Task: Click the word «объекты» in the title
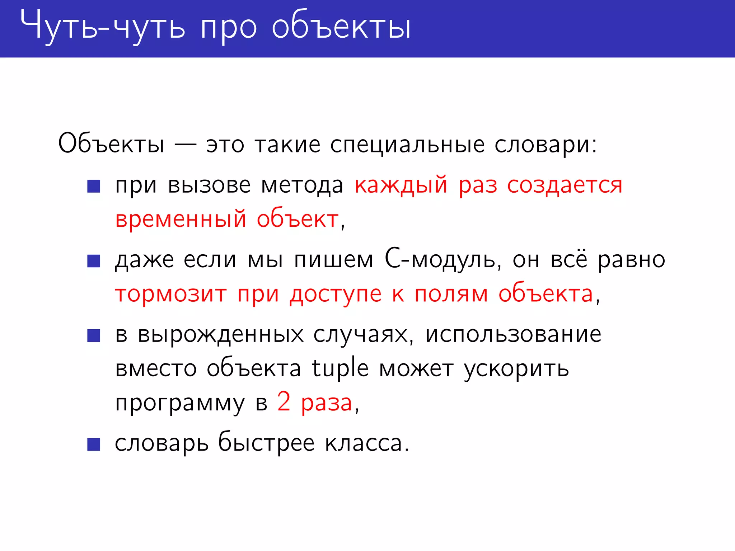pyautogui.click(x=341, y=28)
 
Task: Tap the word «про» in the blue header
pyautogui.click(x=229, y=29)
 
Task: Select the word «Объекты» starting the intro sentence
pyautogui.click(x=111, y=144)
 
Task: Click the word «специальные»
pyautogui.click(x=407, y=145)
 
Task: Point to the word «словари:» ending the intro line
pyautogui.click(x=546, y=145)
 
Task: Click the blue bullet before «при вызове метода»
pyautogui.click(x=94, y=186)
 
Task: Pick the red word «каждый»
pyautogui.click(x=401, y=186)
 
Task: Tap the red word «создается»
pyautogui.click(x=565, y=186)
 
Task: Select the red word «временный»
pyautogui.click(x=181, y=219)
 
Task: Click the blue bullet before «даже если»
pyautogui.click(x=94, y=261)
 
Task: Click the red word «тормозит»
pyautogui.click(x=171, y=294)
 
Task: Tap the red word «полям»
pyautogui.click(x=451, y=295)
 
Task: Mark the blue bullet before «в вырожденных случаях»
pyautogui.click(x=94, y=335)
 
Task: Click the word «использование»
pyautogui.click(x=513, y=334)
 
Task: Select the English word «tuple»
pyautogui.click(x=340, y=368)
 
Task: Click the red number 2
pyautogui.click(x=284, y=402)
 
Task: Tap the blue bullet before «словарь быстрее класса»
pyautogui.click(x=94, y=444)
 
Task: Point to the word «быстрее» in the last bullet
pyautogui.click(x=266, y=443)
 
